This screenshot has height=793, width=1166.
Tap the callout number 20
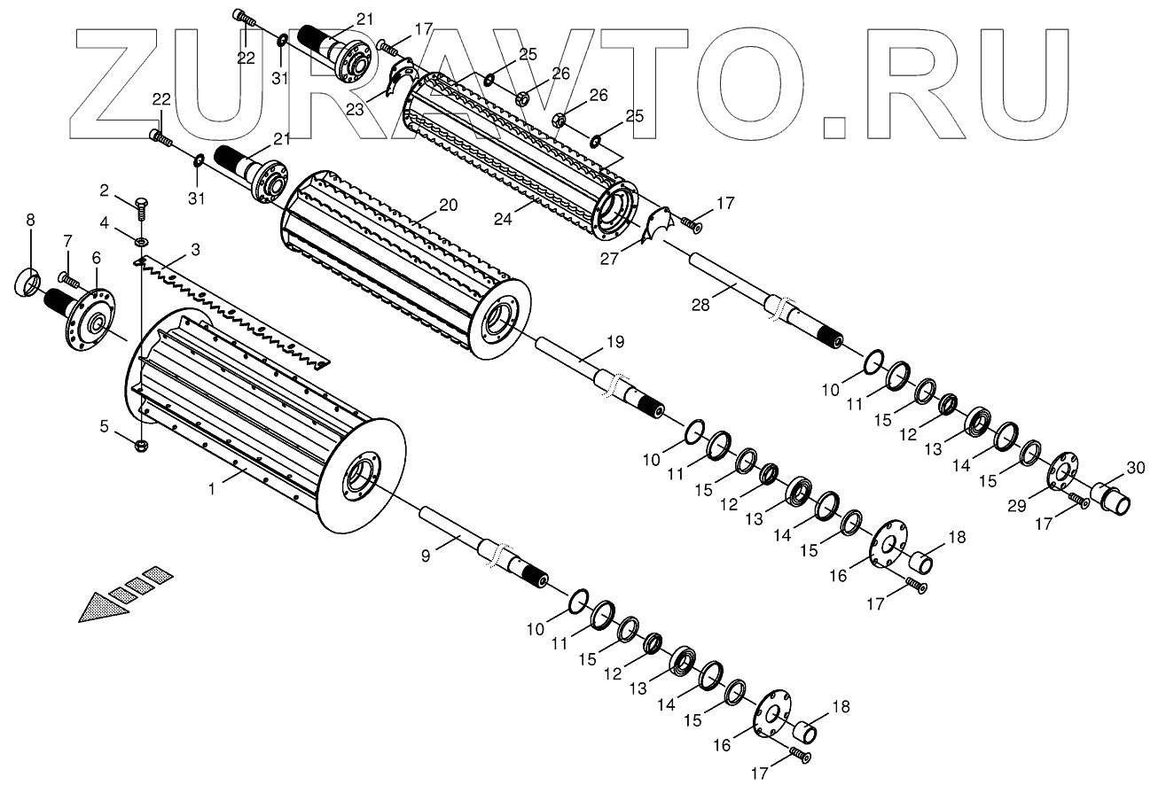coord(448,205)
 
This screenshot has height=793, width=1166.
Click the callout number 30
coord(1135,467)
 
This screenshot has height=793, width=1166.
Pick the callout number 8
coord(31,219)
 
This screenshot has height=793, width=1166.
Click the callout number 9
coord(426,556)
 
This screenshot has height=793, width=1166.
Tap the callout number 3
coord(195,250)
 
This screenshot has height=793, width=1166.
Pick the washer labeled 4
coord(141,240)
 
